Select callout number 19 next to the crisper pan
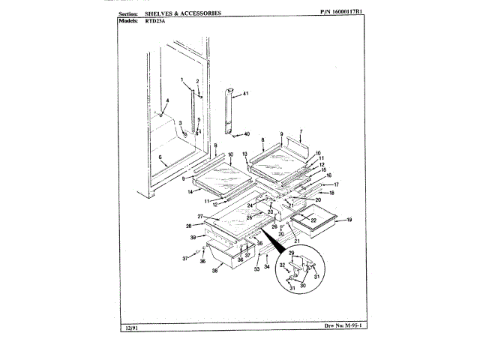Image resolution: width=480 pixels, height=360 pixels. click(349, 220)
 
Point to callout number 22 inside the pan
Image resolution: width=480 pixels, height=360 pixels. click(313, 220)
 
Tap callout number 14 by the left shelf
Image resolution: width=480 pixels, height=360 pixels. click(190, 193)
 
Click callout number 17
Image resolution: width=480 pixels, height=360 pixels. click(336, 184)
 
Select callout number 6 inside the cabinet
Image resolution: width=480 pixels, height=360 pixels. click(160, 157)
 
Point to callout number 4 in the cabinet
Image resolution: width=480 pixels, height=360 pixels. click(167, 100)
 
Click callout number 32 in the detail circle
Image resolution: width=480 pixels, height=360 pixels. click(283, 265)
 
